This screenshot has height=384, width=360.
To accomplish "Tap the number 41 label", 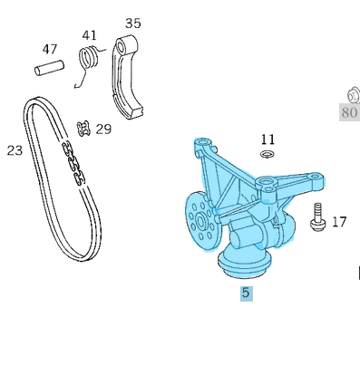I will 89,35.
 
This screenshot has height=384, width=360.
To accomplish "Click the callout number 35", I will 133,23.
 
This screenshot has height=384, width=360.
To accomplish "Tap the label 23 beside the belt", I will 15,150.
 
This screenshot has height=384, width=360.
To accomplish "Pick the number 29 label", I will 103,129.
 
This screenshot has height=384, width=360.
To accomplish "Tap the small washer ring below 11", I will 266,155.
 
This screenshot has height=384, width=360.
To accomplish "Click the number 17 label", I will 338,221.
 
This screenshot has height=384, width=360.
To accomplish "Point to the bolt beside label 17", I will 317,218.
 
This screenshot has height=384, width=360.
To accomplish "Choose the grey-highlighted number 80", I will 349,113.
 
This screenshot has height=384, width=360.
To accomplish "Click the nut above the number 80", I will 352,92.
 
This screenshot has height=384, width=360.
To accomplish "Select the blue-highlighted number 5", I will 246,293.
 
